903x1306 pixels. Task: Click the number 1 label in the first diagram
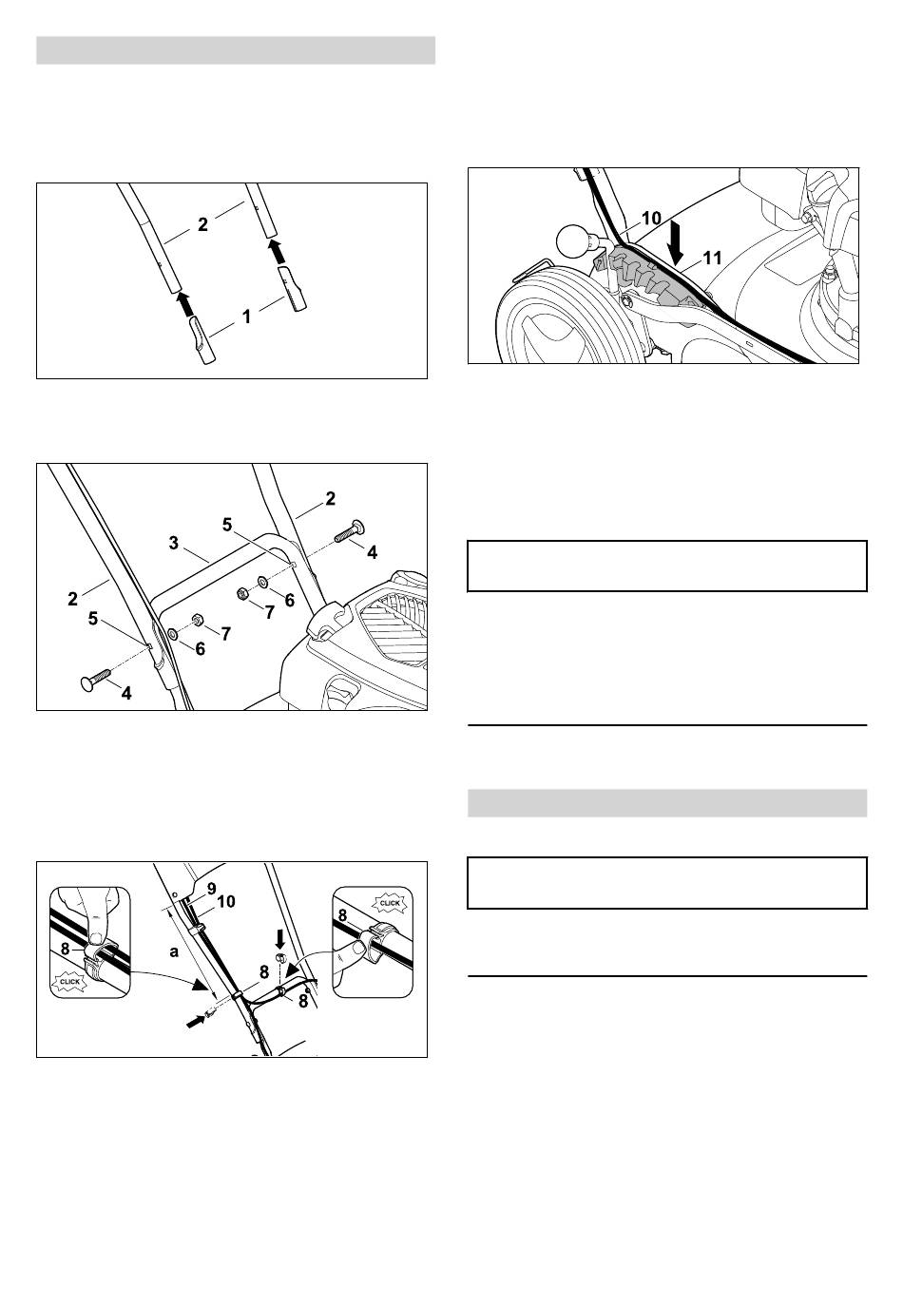tap(246, 317)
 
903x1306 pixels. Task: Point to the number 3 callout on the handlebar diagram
tap(174, 544)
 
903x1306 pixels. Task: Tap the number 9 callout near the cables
tap(211, 889)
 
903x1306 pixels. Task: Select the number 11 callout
tap(713, 258)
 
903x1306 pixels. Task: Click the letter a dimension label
tap(174, 952)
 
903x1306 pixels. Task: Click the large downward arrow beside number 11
tap(676, 240)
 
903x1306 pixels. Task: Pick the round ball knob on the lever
tap(573, 240)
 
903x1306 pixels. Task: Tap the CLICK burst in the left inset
tap(70, 982)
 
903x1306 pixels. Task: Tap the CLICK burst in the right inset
tap(390, 903)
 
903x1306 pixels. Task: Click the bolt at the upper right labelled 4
tap(349, 531)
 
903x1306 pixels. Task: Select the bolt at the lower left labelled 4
tap(94, 680)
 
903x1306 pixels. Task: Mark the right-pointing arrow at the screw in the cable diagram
tap(197, 1020)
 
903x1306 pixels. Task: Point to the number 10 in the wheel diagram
tap(651, 218)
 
